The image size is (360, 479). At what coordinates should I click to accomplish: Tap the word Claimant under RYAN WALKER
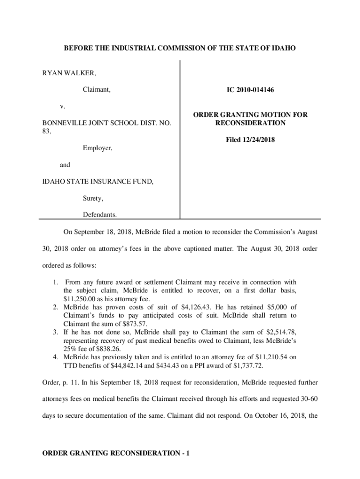(x=97, y=90)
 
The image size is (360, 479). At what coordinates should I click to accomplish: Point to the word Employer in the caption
(x=98, y=148)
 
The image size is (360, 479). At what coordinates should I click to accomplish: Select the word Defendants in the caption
(x=100, y=215)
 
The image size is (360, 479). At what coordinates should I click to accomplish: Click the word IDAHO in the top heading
(x=283, y=48)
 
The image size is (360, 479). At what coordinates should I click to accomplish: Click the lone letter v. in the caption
(x=62, y=107)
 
